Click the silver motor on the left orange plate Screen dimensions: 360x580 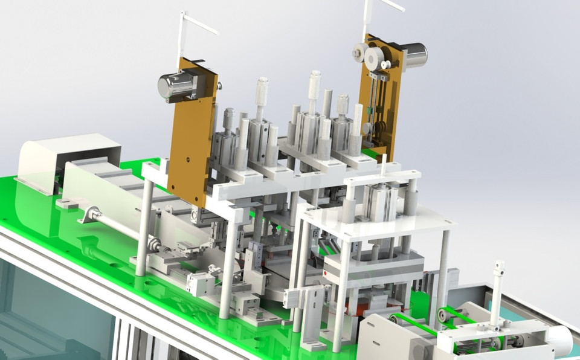[x=175, y=85]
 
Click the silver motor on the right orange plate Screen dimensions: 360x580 [x=413, y=56]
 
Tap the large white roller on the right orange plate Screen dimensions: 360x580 [x=375, y=58]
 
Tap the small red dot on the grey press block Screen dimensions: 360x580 [x=326, y=273]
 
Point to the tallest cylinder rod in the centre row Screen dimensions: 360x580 [x=315, y=91]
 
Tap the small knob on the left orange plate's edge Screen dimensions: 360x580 [x=217, y=85]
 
